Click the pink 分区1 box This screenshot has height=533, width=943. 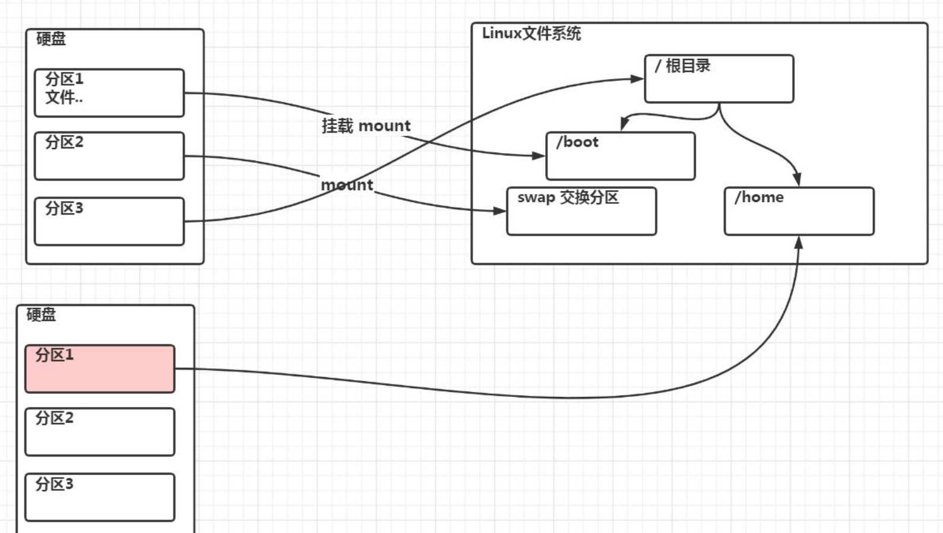click(x=100, y=369)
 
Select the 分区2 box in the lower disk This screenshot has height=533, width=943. click(x=100, y=432)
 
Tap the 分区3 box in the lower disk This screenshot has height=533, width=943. click(x=100, y=497)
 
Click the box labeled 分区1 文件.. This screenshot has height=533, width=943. click(x=109, y=93)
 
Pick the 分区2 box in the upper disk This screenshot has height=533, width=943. click(x=109, y=156)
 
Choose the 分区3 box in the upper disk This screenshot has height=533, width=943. click(x=109, y=221)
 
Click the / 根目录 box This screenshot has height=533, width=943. click(x=719, y=79)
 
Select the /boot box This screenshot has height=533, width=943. click(x=621, y=156)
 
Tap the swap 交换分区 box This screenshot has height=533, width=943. click(x=581, y=212)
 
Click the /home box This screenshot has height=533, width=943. click(x=799, y=212)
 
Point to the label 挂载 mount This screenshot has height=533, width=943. click(x=366, y=126)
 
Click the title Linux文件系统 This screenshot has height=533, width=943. click(x=531, y=33)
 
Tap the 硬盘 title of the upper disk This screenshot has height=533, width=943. click(x=51, y=39)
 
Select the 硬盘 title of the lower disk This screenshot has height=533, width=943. click(x=41, y=315)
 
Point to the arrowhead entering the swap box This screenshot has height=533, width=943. click(x=500, y=210)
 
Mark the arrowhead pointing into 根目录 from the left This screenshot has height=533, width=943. click(x=637, y=78)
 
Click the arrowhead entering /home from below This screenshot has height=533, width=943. click(x=799, y=242)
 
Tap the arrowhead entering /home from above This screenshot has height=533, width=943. click(x=797, y=179)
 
